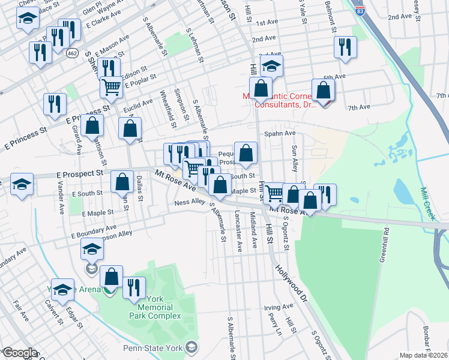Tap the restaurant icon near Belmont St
(345, 47)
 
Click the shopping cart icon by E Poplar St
(111, 87)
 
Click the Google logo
(19, 353)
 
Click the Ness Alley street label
(190, 203)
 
